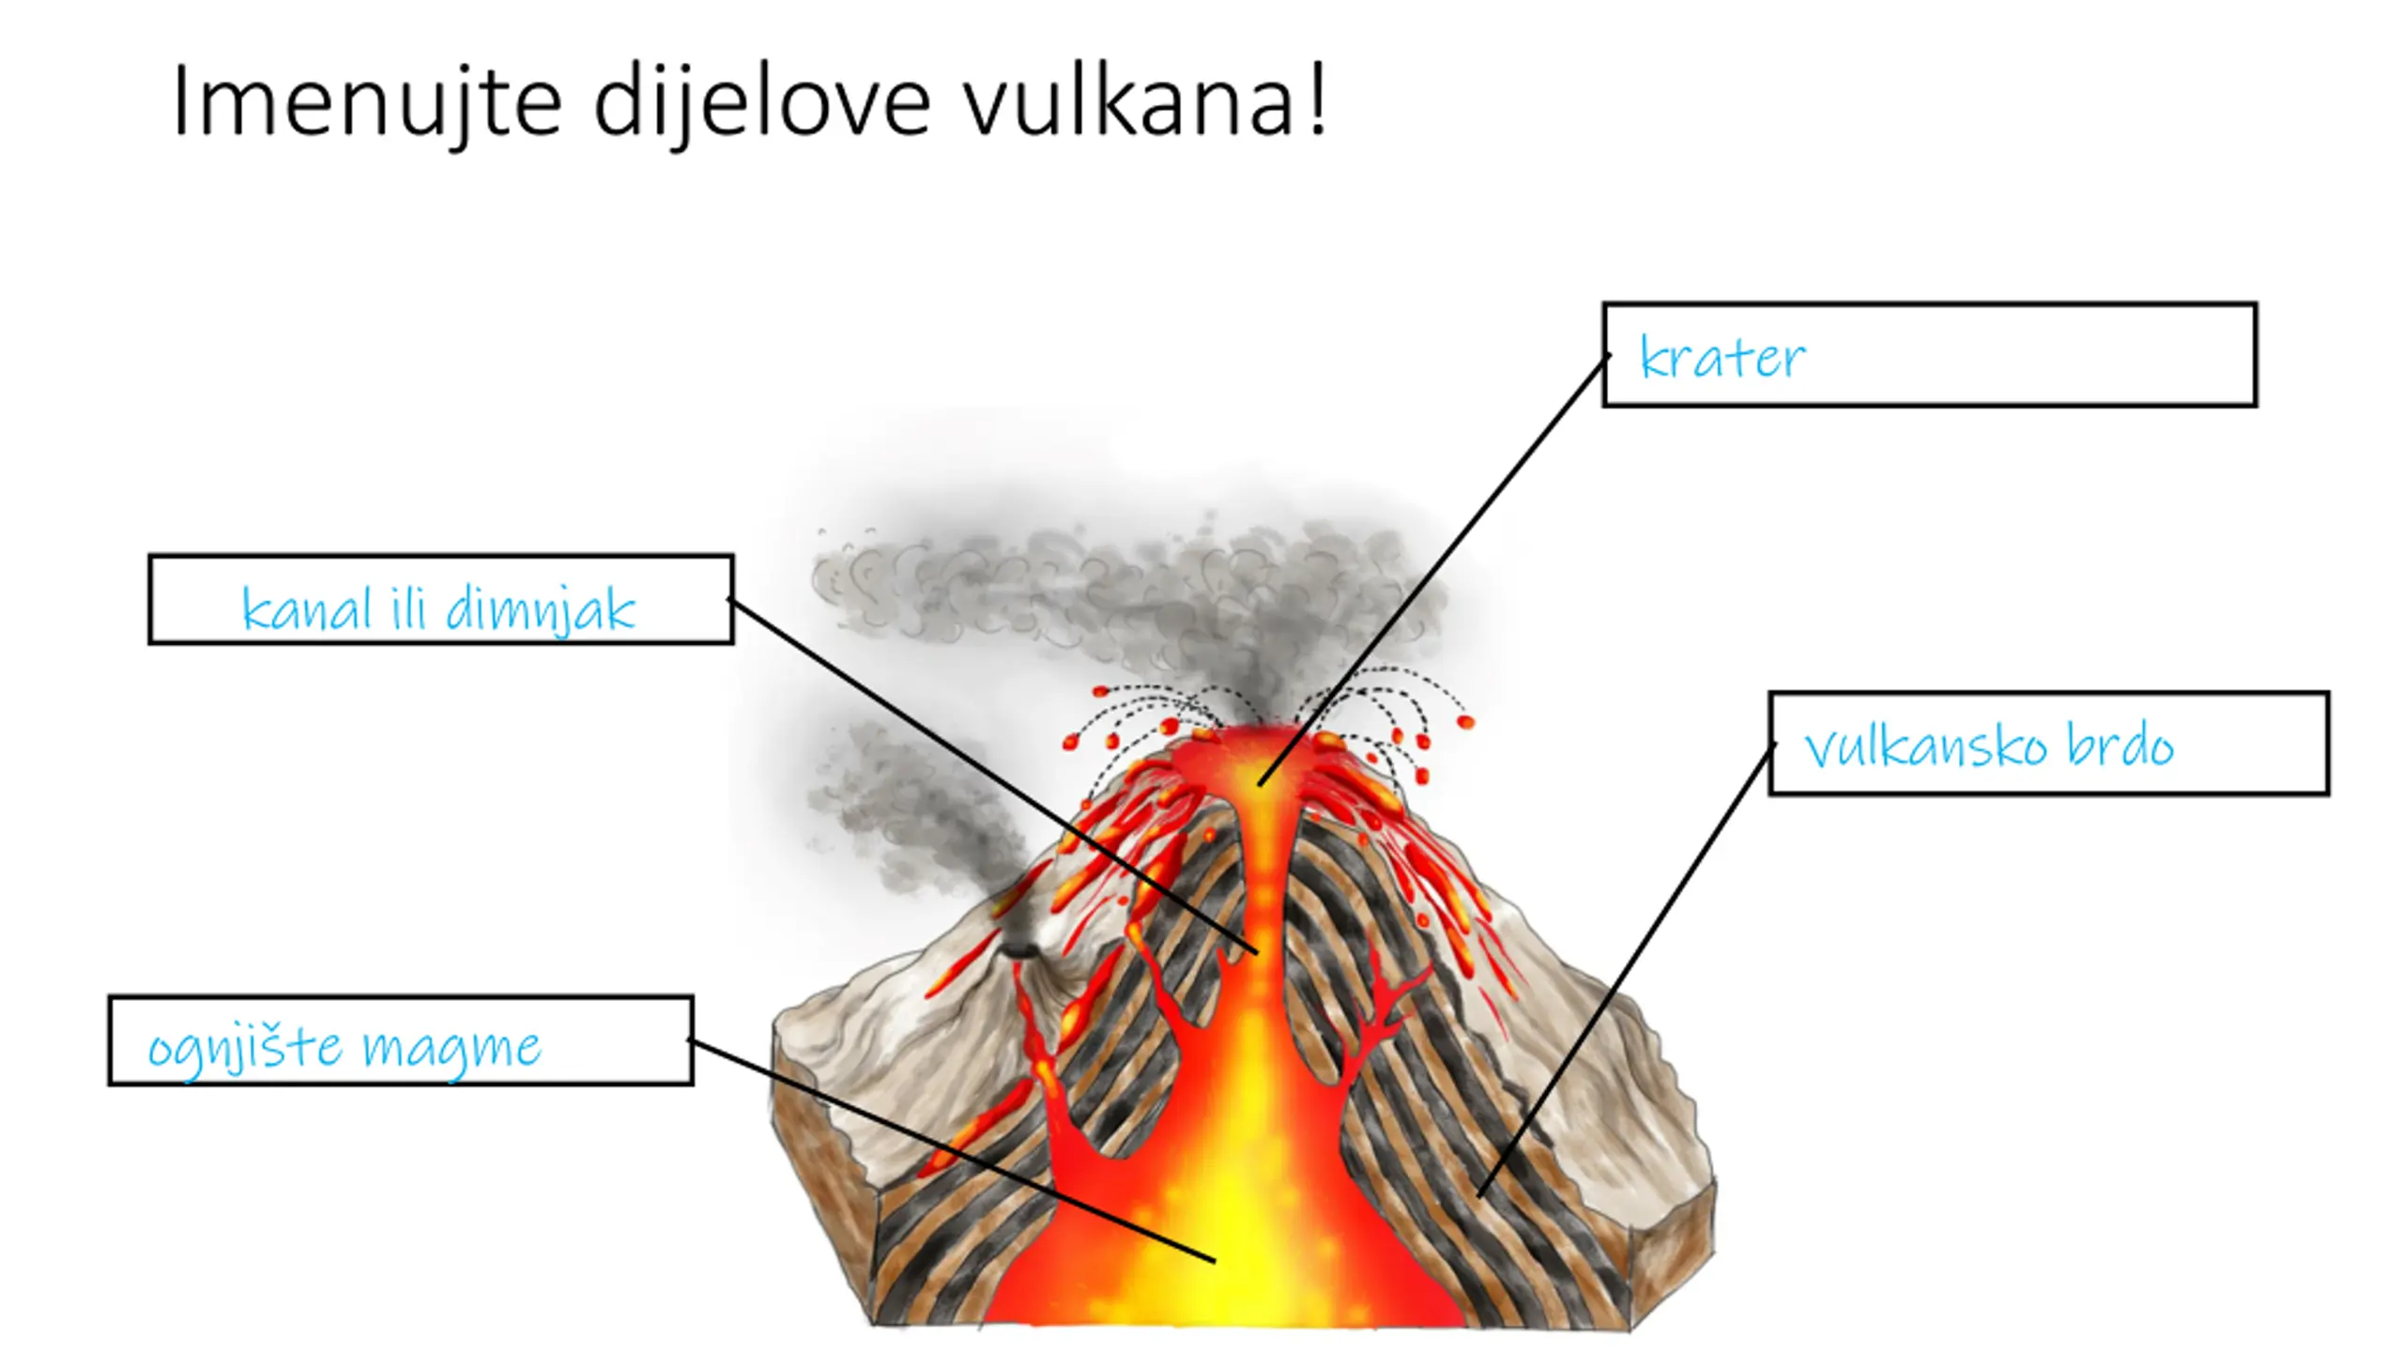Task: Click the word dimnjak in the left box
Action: click(x=541, y=610)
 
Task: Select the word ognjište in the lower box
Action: click(x=246, y=1048)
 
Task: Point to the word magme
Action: click(x=452, y=1048)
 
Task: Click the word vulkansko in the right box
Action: click(x=1925, y=747)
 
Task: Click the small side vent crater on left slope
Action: click(x=1018, y=950)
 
